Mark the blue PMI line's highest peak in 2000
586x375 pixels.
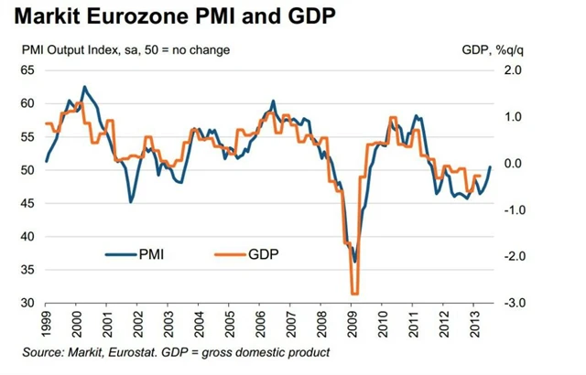(84, 87)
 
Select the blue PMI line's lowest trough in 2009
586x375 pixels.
(354, 262)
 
